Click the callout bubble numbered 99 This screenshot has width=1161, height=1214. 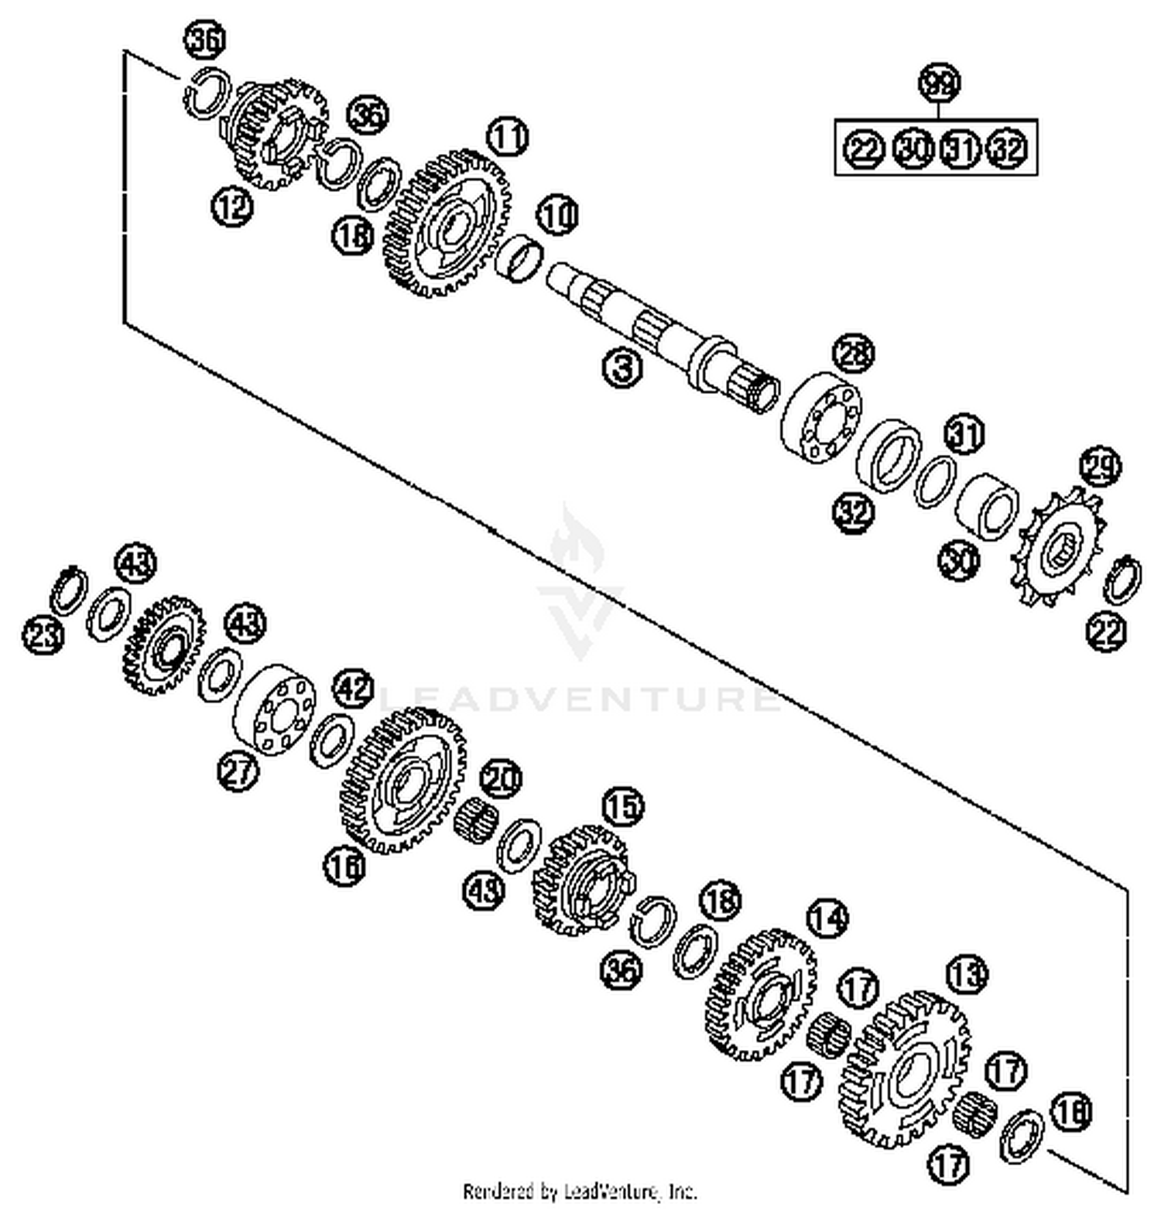(938, 83)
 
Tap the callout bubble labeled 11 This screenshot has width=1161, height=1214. (507, 138)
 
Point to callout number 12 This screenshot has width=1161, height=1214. (232, 207)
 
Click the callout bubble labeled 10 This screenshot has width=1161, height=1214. (557, 215)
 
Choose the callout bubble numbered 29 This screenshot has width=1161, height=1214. (1100, 468)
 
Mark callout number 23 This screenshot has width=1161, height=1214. (43, 636)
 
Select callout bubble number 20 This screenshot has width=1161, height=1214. (502, 778)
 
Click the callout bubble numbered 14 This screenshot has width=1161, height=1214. (827, 918)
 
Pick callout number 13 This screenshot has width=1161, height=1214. (967, 974)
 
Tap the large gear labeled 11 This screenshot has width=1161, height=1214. (447, 224)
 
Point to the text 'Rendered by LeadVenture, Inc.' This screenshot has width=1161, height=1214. (580, 1191)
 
